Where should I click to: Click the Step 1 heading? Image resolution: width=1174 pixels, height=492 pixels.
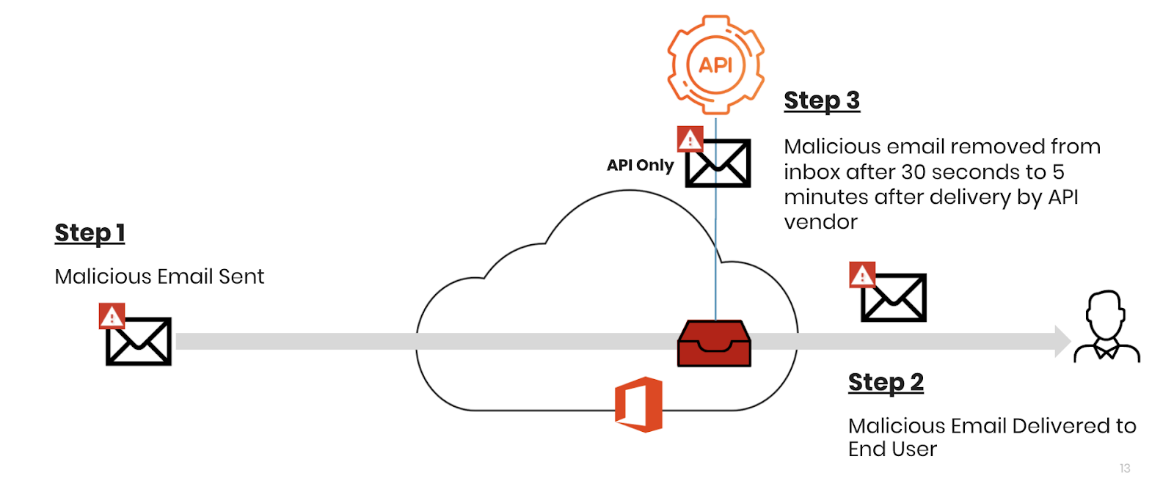(x=90, y=233)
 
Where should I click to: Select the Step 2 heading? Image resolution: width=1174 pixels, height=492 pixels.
(x=886, y=383)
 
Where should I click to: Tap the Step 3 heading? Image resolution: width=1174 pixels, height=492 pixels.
(x=821, y=100)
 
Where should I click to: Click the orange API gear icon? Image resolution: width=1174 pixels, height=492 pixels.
(x=715, y=65)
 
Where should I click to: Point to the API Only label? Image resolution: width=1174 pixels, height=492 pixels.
(x=640, y=166)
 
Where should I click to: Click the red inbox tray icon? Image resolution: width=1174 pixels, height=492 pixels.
(x=714, y=344)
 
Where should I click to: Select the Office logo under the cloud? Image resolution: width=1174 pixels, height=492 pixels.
(x=639, y=404)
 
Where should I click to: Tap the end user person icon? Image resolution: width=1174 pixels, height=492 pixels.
(x=1106, y=327)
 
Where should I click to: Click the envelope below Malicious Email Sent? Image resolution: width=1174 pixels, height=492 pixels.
(x=139, y=341)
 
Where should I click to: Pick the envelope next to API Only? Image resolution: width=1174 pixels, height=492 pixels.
(x=718, y=163)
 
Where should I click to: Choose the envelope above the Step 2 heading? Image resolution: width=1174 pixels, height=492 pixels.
(x=894, y=298)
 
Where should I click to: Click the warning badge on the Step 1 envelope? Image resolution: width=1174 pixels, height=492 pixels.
(x=112, y=316)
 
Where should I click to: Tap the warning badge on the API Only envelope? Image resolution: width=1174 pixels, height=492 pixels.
(x=690, y=139)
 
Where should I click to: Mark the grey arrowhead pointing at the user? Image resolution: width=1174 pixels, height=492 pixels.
(x=1062, y=341)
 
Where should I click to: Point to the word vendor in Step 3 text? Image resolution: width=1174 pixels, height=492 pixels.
(x=820, y=222)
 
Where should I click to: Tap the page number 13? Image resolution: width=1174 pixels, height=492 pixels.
(x=1125, y=469)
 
